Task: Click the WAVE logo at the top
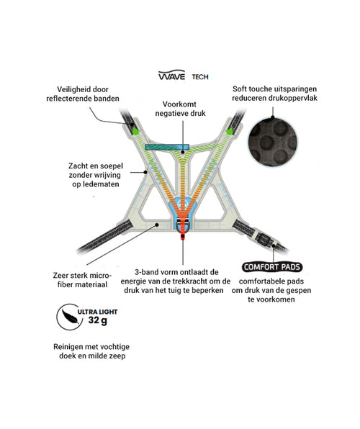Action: (x=171, y=75)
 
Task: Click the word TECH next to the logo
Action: (x=200, y=77)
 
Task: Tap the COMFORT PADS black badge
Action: (x=272, y=267)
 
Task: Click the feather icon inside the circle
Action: (x=71, y=316)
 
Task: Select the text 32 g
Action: (x=97, y=320)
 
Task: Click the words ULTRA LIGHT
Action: (x=97, y=312)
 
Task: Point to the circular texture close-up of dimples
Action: (x=273, y=143)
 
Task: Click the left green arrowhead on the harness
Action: (x=135, y=130)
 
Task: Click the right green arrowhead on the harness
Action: (x=230, y=131)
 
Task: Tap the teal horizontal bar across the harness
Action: (x=167, y=147)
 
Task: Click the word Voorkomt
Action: (x=179, y=104)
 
